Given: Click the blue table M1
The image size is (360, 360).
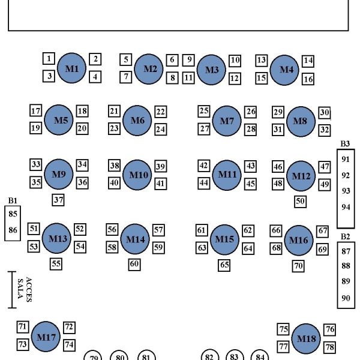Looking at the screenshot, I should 72,68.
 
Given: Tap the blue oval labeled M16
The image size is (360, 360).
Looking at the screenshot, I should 298,241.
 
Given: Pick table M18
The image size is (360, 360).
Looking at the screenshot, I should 307,340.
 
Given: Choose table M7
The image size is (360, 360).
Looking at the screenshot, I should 226,121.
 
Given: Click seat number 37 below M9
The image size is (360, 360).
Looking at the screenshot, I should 58,200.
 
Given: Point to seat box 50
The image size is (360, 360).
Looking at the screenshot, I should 301,202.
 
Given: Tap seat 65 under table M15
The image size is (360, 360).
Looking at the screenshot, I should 224,265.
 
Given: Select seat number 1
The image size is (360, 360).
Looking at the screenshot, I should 49,58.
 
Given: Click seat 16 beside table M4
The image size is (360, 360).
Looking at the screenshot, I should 308,79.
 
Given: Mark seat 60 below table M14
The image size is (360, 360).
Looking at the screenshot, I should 134,263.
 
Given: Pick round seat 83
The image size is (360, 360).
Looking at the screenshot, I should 234,356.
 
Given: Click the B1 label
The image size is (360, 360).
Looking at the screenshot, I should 12,201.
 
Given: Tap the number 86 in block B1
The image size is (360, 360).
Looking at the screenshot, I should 13,230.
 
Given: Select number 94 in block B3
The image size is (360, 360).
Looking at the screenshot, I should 345,207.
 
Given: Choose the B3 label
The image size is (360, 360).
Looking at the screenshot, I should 344,143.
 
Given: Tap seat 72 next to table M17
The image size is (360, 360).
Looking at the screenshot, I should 69,327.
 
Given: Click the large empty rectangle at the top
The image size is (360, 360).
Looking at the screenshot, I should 178,15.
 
